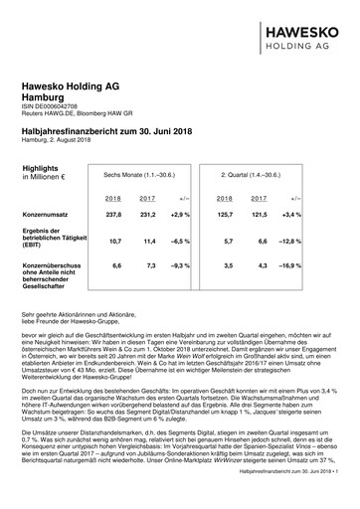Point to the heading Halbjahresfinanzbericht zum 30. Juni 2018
pos(107,131)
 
